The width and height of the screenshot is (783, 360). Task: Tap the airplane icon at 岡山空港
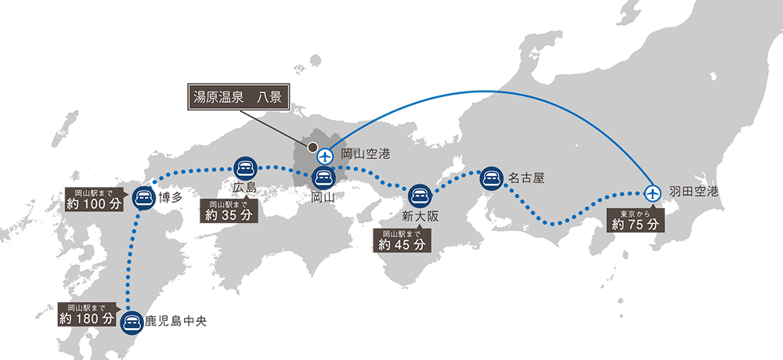click(x=327, y=154)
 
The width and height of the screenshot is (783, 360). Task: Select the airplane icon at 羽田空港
click(x=652, y=192)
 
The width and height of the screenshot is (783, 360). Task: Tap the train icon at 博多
click(x=143, y=196)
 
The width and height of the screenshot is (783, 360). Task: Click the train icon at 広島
click(x=244, y=167)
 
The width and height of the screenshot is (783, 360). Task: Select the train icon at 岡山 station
click(x=323, y=177)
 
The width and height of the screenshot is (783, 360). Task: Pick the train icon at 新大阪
click(x=420, y=194)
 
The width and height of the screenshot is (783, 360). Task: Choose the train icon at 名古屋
click(x=491, y=178)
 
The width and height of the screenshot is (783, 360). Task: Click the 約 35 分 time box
click(x=228, y=211)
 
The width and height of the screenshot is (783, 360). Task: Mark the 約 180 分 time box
click(x=87, y=314)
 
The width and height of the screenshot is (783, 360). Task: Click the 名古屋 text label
click(x=525, y=178)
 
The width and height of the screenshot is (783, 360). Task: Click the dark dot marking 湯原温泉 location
click(x=312, y=146)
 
